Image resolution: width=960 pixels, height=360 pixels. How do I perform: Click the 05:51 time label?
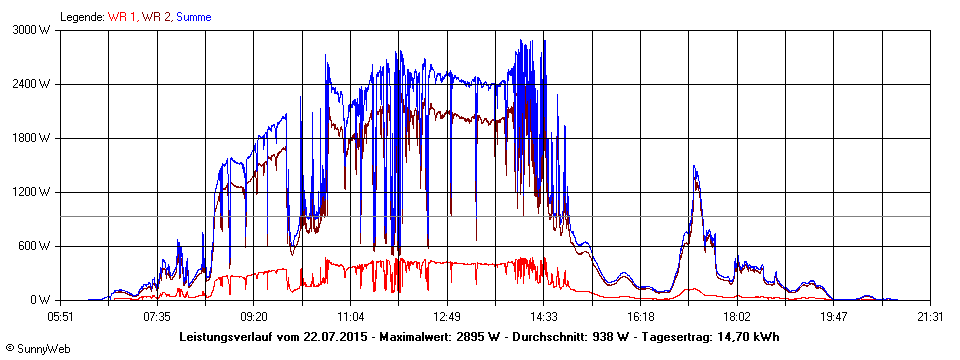point(61,317)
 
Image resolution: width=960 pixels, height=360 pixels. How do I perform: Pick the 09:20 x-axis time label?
point(254,317)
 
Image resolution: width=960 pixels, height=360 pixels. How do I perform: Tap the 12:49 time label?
point(447,317)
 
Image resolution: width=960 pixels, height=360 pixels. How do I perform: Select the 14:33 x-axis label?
point(543,317)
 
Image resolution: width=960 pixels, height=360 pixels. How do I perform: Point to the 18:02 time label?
point(736,317)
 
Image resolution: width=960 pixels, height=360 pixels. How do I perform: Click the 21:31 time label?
point(930,317)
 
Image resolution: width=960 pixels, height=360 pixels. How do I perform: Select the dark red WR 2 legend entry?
point(157,17)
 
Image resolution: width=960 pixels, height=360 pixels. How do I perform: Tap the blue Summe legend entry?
point(194,17)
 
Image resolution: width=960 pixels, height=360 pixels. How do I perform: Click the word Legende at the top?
point(80,17)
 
